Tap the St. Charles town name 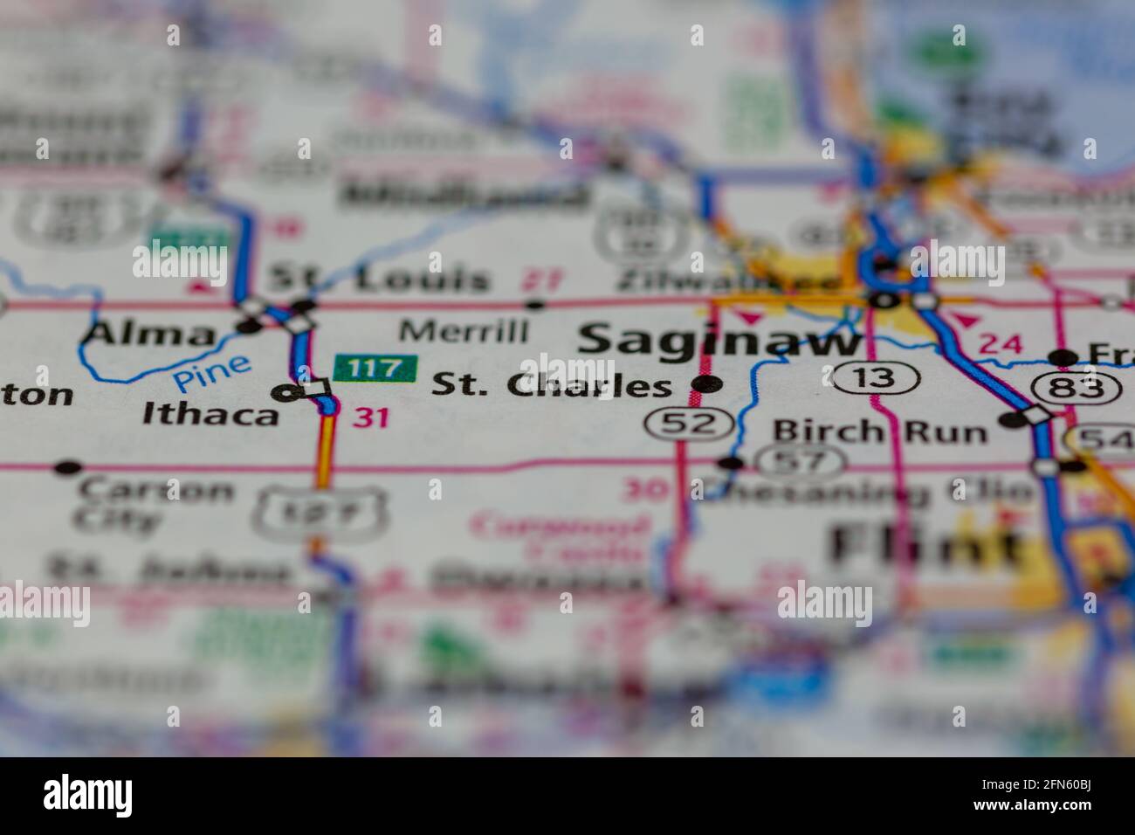pos(553,386)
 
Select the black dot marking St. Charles pos(706,383)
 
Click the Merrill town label pos(464,332)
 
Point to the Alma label pos(152,334)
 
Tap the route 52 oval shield pos(689,424)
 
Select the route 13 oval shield pos(875,377)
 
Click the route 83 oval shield pos(1076,388)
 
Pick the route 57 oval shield pos(801,459)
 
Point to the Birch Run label pos(879,431)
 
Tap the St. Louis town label pos(379,279)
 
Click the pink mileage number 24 pos(1001,344)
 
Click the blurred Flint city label pos(925,546)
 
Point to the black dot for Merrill pos(535,305)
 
